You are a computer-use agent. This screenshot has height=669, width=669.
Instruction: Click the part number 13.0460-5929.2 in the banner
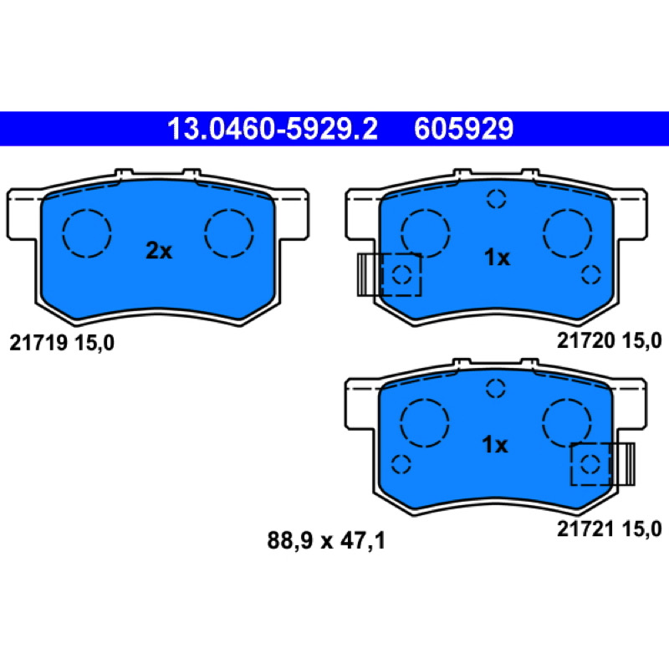(x=273, y=129)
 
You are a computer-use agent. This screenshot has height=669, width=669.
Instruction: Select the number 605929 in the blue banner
(x=463, y=129)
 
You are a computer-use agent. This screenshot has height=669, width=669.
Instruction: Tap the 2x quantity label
(x=159, y=251)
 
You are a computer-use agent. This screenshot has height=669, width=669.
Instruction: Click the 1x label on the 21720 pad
(x=497, y=258)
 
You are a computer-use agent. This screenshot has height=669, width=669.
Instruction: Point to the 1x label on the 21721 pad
(x=495, y=445)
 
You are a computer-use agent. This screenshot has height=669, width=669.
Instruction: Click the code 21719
(x=38, y=343)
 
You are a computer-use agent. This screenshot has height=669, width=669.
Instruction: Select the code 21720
(x=586, y=341)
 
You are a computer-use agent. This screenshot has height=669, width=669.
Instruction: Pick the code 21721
(x=586, y=529)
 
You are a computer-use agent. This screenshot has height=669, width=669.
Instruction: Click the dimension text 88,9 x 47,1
(x=326, y=541)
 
